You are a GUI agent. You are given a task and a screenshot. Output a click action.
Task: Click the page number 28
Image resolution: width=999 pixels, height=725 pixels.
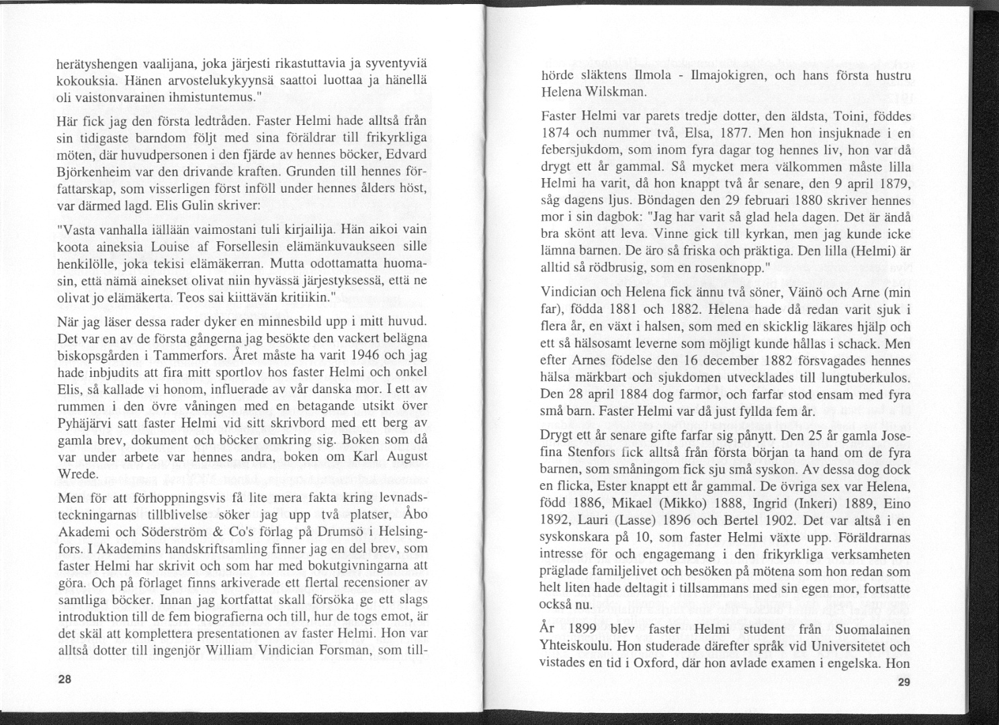pos(65,679)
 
